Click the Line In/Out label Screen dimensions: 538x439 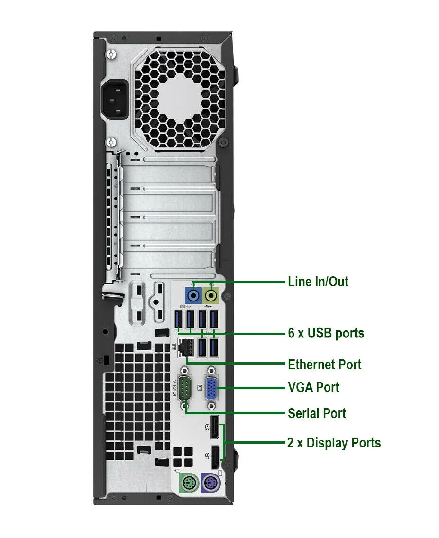pyautogui.click(x=318, y=282)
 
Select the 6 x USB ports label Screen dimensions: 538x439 pyautogui.click(x=326, y=333)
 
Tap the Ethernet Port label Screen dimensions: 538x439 pyautogui.click(x=324, y=365)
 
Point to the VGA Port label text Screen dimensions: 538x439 pyautogui.click(x=313, y=388)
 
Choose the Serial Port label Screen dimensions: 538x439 pyautogui.click(x=317, y=413)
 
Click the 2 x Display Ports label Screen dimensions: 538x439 pyautogui.click(x=334, y=443)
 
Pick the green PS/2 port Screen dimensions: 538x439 pyautogui.click(x=188, y=484)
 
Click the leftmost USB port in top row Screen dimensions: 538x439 pyautogui.click(x=179, y=321)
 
